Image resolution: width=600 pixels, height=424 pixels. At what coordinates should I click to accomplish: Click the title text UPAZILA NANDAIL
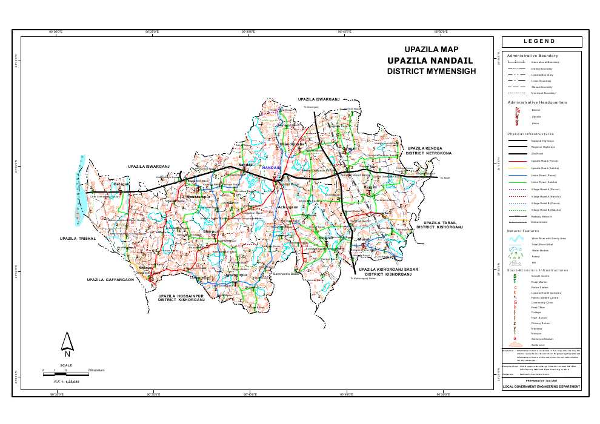coord(431,61)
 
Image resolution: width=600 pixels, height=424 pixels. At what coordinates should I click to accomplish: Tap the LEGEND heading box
coord(542,42)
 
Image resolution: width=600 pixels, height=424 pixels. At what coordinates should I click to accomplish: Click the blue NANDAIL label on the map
coord(271,168)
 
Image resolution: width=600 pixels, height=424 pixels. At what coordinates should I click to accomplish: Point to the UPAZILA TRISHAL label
coord(78,239)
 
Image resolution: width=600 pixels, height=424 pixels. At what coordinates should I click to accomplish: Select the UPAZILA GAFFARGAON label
coord(110,280)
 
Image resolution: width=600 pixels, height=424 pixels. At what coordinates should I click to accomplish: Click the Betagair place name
coord(122,183)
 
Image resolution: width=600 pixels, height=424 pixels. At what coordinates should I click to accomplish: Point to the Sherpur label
coord(211,231)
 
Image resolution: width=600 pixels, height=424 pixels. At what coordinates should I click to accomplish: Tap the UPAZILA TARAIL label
coord(443,223)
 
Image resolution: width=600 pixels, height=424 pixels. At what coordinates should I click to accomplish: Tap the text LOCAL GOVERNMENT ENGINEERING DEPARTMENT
coord(542,386)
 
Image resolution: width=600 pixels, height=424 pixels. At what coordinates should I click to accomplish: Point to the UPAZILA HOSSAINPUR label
coord(182,295)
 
